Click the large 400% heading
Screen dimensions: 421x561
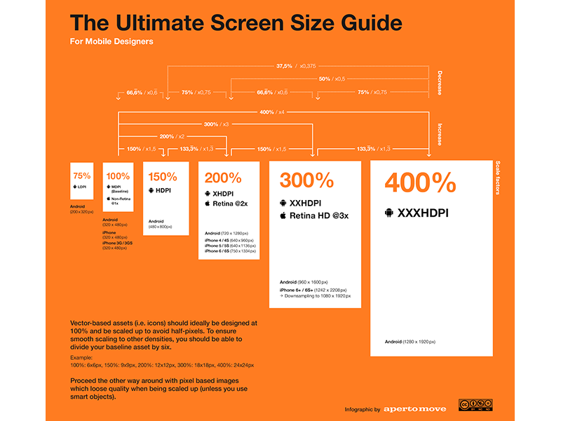point(419,184)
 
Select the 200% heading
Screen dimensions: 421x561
point(223,178)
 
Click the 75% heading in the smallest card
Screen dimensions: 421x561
point(81,175)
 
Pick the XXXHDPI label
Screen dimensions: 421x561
point(425,212)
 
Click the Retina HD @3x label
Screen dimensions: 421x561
point(319,215)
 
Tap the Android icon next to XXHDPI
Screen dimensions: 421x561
point(285,203)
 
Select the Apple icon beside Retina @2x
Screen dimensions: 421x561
point(208,203)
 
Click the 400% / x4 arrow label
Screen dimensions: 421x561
point(271,112)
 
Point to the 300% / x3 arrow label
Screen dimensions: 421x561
point(216,124)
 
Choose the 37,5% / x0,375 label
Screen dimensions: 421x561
point(295,67)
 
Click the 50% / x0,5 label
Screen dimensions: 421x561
point(330,79)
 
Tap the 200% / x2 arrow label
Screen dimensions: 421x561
point(172,136)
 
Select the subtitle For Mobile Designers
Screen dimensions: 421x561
point(111,41)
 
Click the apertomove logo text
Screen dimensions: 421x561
point(414,408)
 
